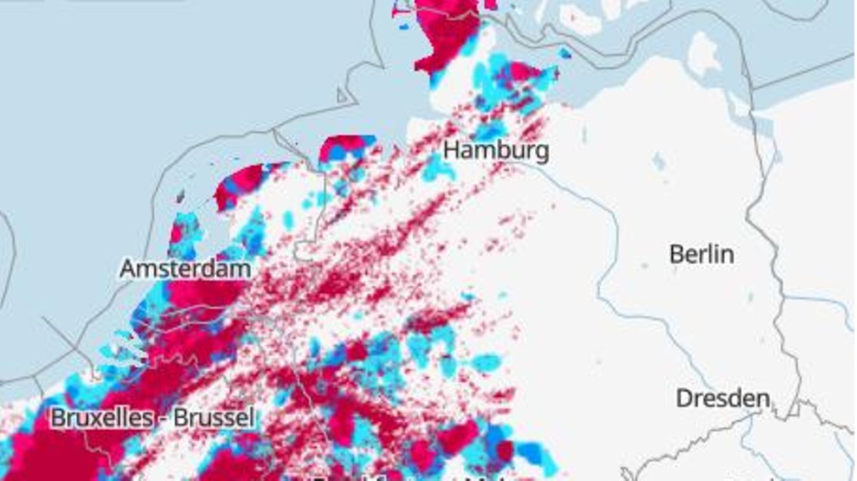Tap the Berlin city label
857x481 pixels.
701,255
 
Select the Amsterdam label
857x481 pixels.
185,269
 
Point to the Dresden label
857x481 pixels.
722,398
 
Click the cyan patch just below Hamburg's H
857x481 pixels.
438,169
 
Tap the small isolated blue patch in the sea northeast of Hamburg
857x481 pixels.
564,54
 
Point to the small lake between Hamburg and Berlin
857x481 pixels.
658,161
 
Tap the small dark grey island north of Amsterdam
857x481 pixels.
180,195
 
